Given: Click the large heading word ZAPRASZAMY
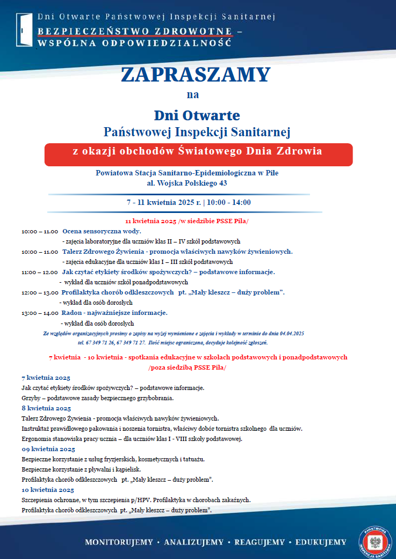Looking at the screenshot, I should pyautogui.click(x=196, y=74).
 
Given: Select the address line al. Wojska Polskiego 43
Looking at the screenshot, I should pyautogui.click(x=187, y=183).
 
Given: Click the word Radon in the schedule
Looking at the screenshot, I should pyautogui.click(x=71, y=312).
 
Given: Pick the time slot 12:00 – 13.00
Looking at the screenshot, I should pyautogui.click(x=40, y=293).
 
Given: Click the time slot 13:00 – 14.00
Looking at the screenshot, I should pyautogui.click(x=40, y=313).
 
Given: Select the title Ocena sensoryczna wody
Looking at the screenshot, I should pyautogui.click(x=102, y=231).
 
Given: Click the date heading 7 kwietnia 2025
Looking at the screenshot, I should pyautogui.click(x=46, y=378).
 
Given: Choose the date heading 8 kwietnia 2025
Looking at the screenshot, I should pyautogui.click(x=46, y=408).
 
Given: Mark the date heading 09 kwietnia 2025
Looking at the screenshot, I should pyautogui.click(x=48, y=449).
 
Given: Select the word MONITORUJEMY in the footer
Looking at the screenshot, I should pyautogui.click(x=119, y=542).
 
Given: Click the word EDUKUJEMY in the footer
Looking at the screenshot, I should pyautogui.click(x=320, y=542).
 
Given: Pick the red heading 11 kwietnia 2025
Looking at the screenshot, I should pyautogui.click(x=150, y=221).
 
